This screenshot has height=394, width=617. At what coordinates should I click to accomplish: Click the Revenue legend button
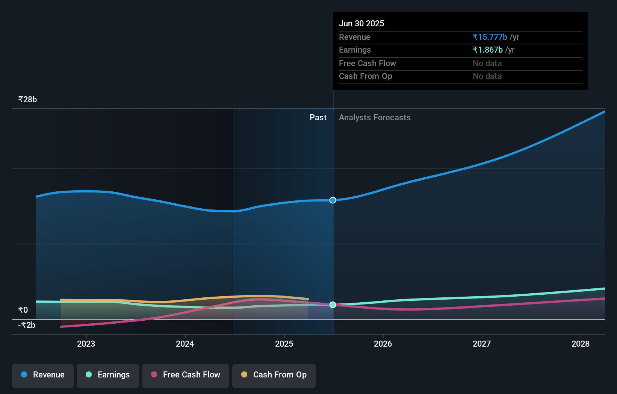pyautogui.click(x=43, y=375)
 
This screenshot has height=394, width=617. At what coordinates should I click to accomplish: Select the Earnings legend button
pyautogui.click(x=108, y=375)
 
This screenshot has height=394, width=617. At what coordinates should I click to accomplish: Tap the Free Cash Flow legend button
pyautogui.click(x=186, y=375)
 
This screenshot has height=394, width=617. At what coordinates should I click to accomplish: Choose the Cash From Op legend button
pyautogui.click(x=274, y=375)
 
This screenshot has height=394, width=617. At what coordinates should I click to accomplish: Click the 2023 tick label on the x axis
pyautogui.click(x=86, y=344)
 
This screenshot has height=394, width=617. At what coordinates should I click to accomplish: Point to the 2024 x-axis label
pyautogui.click(x=185, y=344)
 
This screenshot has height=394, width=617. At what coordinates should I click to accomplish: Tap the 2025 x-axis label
pyautogui.click(x=284, y=344)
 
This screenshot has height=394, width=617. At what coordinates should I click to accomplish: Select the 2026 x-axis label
pyautogui.click(x=383, y=344)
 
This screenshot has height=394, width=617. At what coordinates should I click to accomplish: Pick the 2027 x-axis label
pyautogui.click(x=482, y=344)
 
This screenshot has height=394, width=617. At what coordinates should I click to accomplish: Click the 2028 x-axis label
pyautogui.click(x=581, y=344)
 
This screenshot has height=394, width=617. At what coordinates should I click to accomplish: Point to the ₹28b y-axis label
pyautogui.click(x=27, y=100)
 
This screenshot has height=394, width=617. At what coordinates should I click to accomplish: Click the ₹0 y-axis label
pyautogui.click(x=23, y=310)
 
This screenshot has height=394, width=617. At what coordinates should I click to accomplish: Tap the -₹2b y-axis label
pyautogui.click(x=27, y=325)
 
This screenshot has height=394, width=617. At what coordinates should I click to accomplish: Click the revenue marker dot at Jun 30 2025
pyautogui.click(x=333, y=200)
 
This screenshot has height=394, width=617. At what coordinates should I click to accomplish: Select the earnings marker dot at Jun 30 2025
pyautogui.click(x=333, y=305)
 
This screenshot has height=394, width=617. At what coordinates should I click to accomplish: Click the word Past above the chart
pyautogui.click(x=318, y=118)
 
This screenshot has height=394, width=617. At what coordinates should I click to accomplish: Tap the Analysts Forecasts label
pyautogui.click(x=375, y=118)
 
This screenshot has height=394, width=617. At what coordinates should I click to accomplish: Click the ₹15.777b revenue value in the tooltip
pyautogui.click(x=490, y=37)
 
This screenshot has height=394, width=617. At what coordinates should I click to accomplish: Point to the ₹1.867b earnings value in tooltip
pyautogui.click(x=488, y=50)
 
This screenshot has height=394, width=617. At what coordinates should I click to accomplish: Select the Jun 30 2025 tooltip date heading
pyautogui.click(x=361, y=24)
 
